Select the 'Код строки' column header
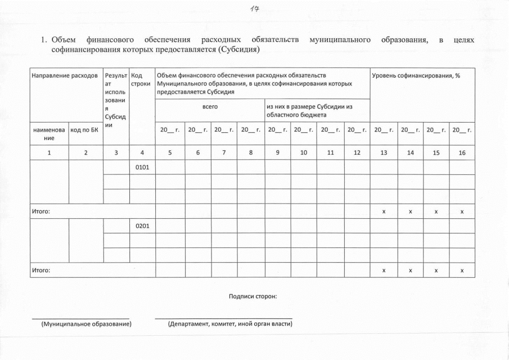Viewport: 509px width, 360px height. (140, 80)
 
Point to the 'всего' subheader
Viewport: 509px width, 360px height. (210, 106)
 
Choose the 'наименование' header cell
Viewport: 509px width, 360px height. (48, 134)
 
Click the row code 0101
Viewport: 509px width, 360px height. (142, 168)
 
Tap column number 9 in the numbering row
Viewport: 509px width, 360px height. (278, 152)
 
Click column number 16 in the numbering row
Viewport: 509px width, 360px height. (462, 152)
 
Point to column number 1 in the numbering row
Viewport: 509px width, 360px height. (49, 152)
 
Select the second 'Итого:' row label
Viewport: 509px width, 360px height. (41, 271)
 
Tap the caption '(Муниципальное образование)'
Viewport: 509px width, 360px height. (87, 325)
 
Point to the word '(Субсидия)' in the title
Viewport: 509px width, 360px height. (239, 49)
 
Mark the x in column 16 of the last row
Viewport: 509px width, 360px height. (462, 271)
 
